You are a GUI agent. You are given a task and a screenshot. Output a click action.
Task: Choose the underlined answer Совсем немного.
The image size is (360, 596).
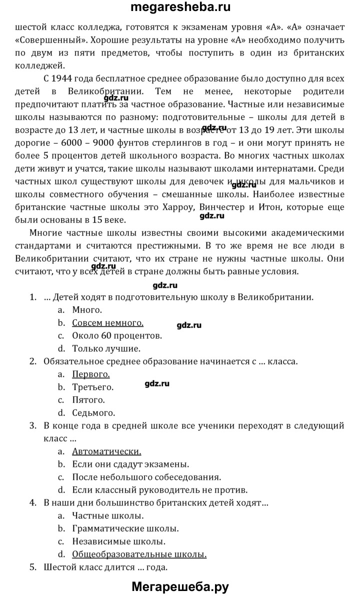(x=107, y=323)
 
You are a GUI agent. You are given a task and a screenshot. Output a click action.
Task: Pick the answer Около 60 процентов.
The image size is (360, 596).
(x=117, y=335)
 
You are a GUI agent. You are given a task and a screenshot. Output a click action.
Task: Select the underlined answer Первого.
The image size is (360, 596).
(x=91, y=374)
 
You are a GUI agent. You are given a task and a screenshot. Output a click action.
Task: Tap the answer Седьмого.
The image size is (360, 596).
(x=94, y=413)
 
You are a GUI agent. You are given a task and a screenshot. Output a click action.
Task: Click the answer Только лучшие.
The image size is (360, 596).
(x=106, y=348)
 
